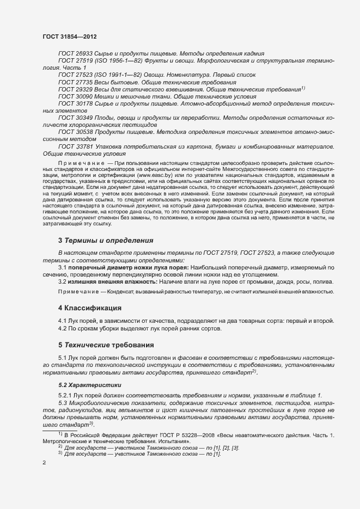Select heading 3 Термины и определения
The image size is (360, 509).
click(106, 240)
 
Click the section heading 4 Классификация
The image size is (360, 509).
click(90, 308)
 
